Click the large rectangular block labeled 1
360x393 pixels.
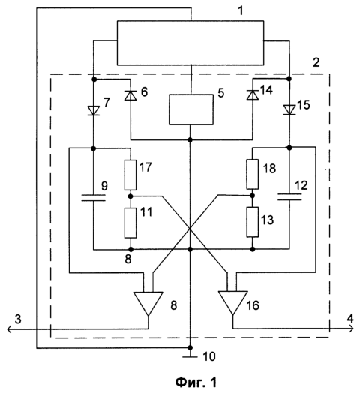coord(190,43)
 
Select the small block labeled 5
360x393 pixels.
coord(191,109)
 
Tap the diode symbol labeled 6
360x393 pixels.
coord(130,95)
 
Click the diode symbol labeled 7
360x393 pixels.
coord(94,110)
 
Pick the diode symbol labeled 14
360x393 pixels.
coord(253,95)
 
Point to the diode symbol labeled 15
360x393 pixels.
coord(289,110)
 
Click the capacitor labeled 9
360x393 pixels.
coord(94,198)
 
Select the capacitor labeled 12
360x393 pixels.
coord(289,196)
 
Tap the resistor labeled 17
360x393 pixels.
coord(130,175)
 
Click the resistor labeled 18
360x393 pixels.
coord(253,174)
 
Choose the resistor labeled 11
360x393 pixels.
coord(130,223)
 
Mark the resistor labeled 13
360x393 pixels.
coord(253,222)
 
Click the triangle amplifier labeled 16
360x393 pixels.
coord(233,302)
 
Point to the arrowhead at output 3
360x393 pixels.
coord(10,328)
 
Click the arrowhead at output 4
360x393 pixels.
coord(351,328)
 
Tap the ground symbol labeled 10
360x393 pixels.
coord(190,356)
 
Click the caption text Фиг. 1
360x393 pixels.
coord(196,382)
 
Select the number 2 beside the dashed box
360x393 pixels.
coord(316,62)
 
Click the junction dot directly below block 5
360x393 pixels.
coord(190,139)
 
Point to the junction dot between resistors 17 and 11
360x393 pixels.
coord(130,196)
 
